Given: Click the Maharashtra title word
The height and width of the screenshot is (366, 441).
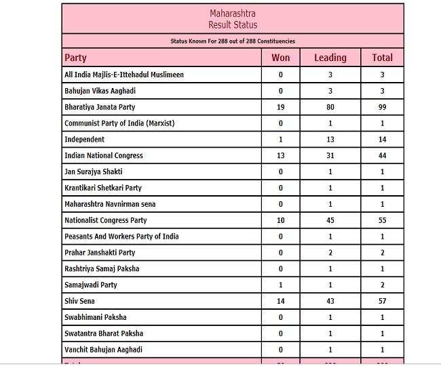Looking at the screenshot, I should click(x=233, y=14).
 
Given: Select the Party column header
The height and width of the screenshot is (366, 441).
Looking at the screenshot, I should click(x=75, y=58).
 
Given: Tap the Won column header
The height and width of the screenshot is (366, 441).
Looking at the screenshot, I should click(x=280, y=58).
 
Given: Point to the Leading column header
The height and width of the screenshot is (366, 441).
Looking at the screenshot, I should click(x=330, y=58).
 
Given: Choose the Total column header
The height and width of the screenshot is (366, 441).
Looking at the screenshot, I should click(x=383, y=58).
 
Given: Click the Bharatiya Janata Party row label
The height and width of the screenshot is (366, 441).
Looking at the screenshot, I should click(x=100, y=107).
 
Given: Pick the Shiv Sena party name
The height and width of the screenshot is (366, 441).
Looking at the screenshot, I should click(x=79, y=301).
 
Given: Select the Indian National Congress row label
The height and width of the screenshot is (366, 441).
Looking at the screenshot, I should click(x=104, y=156).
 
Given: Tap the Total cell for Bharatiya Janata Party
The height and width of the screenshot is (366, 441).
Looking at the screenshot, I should click(x=383, y=107).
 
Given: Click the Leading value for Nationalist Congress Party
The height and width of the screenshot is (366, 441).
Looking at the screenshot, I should click(x=330, y=220).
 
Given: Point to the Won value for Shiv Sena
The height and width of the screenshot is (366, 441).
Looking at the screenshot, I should click(x=280, y=301).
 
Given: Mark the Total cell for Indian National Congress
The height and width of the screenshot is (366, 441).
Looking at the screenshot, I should click(x=383, y=156).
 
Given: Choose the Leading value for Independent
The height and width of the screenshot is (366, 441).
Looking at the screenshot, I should click(x=330, y=140).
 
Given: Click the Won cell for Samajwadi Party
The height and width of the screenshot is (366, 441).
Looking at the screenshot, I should click(x=280, y=285).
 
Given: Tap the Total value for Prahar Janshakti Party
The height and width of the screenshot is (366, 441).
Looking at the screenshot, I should click(x=383, y=253).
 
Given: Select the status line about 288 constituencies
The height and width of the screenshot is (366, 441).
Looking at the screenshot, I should click(x=233, y=41).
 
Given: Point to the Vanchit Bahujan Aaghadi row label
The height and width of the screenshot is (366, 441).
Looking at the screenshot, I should click(x=104, y=350).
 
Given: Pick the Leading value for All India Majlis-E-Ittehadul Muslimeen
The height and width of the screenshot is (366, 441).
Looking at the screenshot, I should click(x=330, y=75).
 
